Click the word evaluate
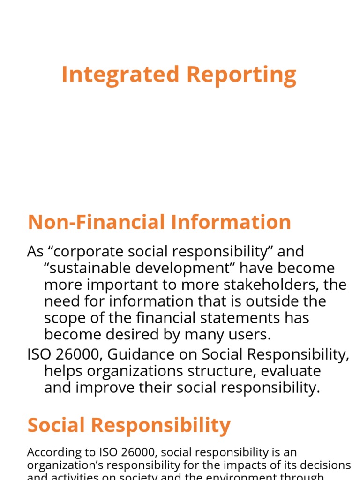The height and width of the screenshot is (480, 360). click(291, 371)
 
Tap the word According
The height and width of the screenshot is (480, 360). click(50, 452)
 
